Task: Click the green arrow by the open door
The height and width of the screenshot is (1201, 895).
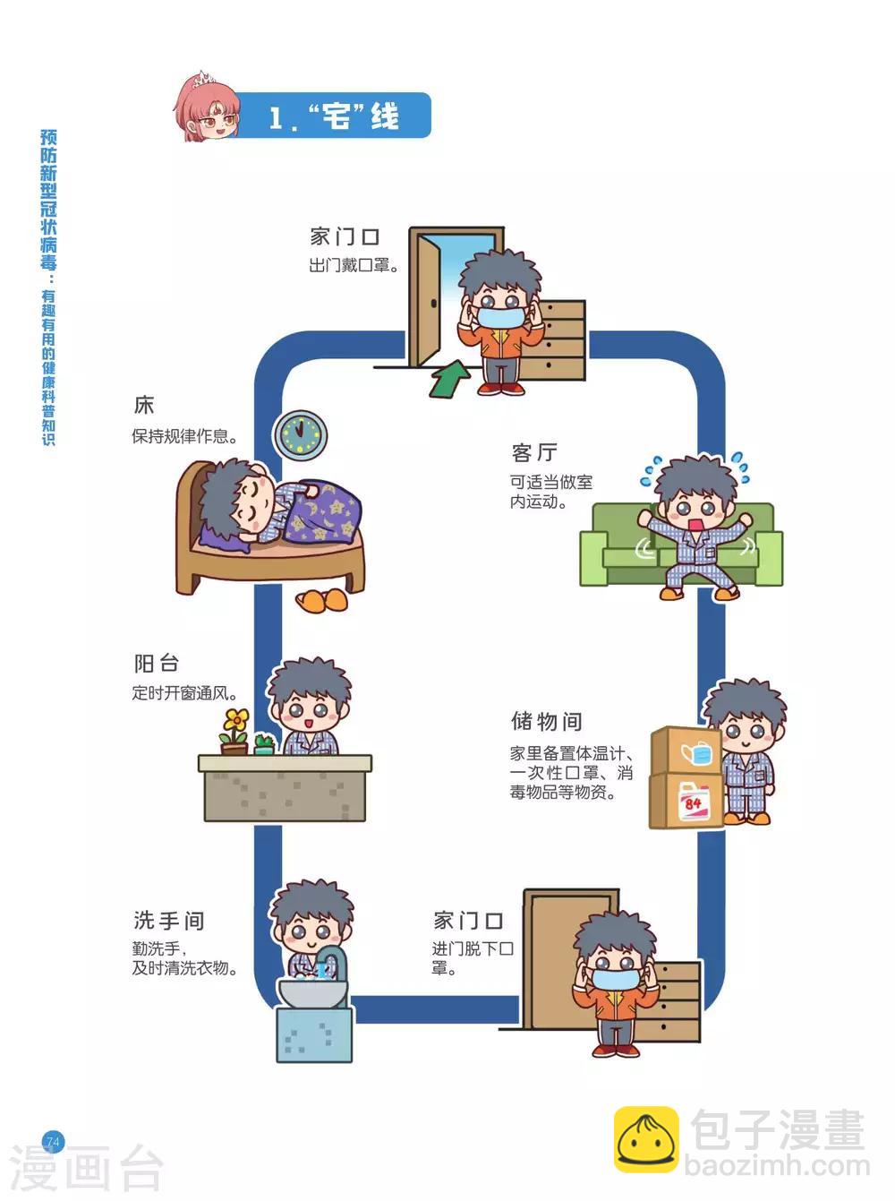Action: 449,379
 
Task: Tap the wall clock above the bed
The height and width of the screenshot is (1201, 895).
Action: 299,435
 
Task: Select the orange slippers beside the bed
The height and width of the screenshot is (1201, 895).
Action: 322,600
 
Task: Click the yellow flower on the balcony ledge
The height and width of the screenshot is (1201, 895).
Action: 236,720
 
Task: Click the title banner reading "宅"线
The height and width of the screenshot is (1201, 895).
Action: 335,116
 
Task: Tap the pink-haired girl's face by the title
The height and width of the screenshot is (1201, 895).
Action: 209,114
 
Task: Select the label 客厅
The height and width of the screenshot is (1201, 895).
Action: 534,452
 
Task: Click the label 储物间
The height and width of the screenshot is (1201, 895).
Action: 547,721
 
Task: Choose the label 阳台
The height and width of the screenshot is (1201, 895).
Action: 158,664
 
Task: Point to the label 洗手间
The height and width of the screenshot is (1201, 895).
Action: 169,921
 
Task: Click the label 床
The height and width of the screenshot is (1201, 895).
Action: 144,406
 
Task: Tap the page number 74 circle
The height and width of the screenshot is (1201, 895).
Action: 53,1142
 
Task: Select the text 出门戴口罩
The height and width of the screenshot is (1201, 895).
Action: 354,266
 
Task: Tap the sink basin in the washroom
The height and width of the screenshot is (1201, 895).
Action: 312,992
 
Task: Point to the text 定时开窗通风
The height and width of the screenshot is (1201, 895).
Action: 185,693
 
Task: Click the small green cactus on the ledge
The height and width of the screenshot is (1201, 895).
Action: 263,742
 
